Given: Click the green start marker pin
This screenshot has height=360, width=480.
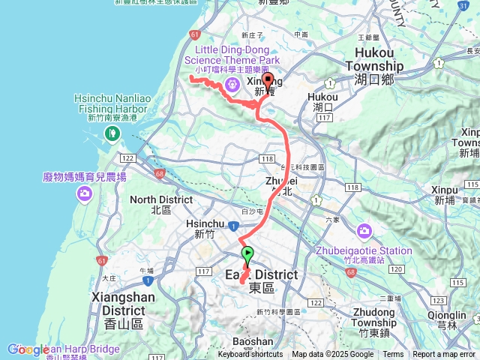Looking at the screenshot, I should click(248, 253).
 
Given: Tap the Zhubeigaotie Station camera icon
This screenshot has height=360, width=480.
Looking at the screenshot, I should click(364, 230).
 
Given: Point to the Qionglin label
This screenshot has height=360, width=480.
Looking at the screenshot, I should click(447, 316).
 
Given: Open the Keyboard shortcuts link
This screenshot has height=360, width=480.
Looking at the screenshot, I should click(251, 355).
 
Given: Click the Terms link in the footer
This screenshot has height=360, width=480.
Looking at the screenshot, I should click(393, 355).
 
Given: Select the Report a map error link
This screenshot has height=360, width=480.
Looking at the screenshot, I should click(444, 355).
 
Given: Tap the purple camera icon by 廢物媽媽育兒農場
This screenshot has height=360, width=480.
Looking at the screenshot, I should click(84, 194).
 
